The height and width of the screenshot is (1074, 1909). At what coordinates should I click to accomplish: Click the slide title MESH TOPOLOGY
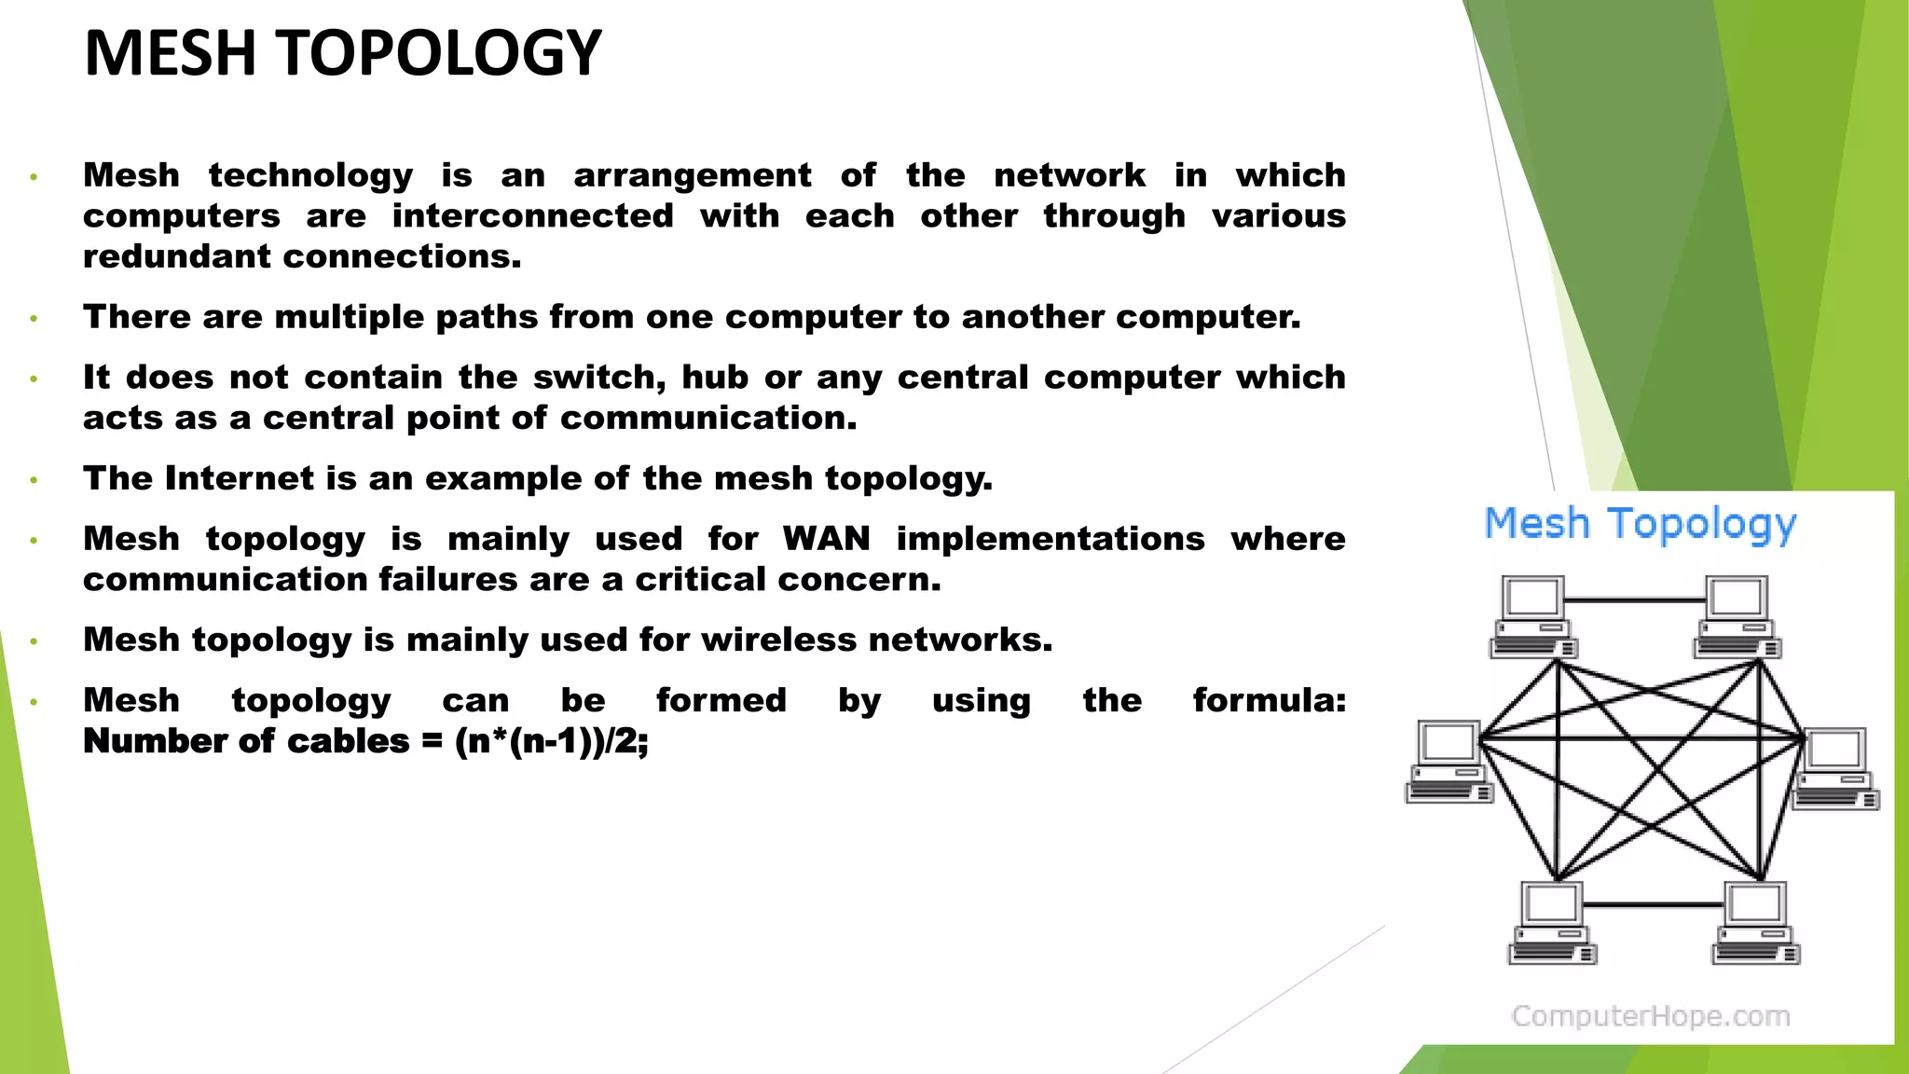342,53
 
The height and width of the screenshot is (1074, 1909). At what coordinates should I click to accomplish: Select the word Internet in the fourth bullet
240,478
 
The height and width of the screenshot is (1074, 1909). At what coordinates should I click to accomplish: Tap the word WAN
826,539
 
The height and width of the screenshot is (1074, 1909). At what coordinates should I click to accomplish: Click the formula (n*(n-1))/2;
551,741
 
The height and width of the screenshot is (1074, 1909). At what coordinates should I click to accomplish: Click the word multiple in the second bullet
349,317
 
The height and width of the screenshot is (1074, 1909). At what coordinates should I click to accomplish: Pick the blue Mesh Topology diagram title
1640,524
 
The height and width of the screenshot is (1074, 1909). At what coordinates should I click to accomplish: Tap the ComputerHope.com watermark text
1650,1015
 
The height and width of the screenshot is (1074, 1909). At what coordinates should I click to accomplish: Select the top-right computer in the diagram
1737,616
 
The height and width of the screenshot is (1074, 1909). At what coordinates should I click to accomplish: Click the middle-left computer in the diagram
1449,761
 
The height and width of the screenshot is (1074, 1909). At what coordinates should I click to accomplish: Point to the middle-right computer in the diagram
1836,768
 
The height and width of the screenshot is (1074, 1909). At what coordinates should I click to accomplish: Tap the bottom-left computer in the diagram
1552,922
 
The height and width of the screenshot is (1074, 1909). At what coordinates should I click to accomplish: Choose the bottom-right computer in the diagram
1756,922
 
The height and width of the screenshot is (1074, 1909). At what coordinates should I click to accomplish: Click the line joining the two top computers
1634,600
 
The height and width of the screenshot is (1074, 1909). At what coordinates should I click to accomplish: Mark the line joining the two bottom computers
1652,904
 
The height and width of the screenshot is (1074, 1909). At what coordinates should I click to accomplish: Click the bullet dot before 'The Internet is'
34,481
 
